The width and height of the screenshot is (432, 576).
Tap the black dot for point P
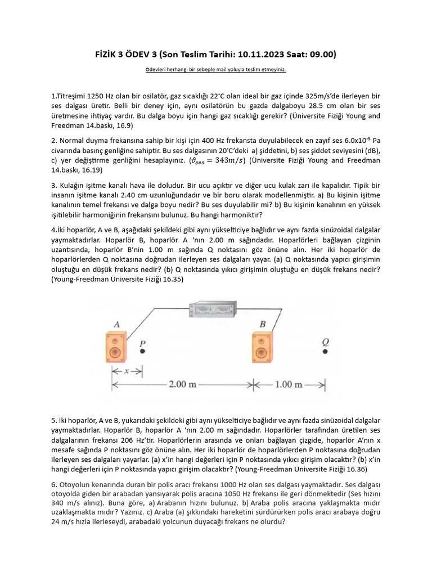[x=142, y=352]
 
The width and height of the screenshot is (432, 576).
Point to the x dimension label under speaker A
[x=127, y=371]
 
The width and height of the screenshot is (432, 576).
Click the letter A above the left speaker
[x=117, y=324]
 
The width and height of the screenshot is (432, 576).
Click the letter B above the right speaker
[x=263, y=324]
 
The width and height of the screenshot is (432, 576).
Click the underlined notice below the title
[x=216, y=70]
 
